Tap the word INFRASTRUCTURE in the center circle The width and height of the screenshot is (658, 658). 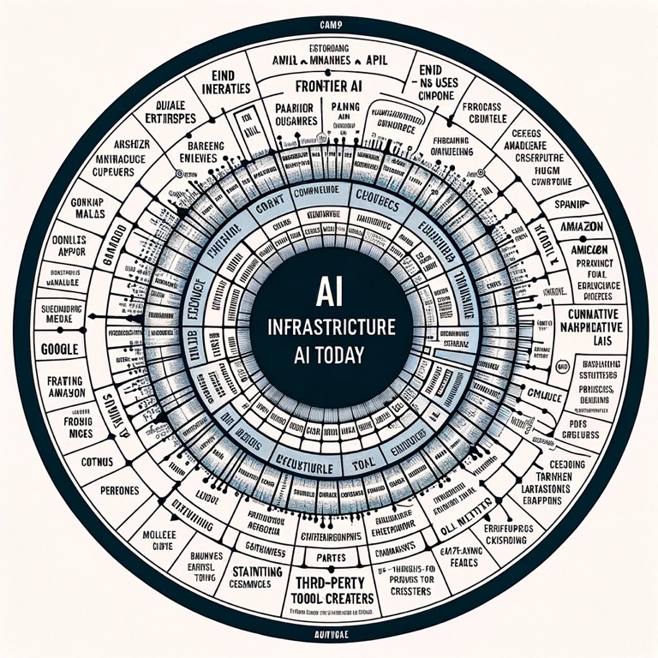[x=329, y=327]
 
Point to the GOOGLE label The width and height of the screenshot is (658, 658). [x=59, y=350]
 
